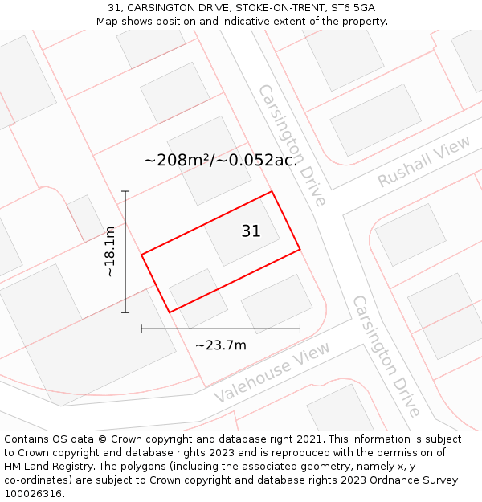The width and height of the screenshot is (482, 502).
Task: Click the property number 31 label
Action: tap(251, 231)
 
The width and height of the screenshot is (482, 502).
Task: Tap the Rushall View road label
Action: tap(424, 162)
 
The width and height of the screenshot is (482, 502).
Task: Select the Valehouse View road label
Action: tap(272, 373)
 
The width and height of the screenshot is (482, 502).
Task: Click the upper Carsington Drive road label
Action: tap(292, 145)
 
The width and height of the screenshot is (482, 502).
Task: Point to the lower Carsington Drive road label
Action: tap(386, 357)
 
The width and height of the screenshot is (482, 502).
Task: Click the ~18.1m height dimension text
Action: tap(110, 251)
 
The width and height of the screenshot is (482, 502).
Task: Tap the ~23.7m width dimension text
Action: tap(220, 345)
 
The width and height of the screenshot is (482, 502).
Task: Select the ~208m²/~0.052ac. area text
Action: tap(221, 160)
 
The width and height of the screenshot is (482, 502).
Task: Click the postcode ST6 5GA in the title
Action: tap(353, 8)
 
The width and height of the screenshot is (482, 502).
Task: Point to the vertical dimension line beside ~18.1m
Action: tap(125, 251)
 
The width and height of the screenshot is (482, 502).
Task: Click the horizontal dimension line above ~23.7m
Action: tap(220, 328)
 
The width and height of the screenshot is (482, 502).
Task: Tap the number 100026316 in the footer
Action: tap(33, 494)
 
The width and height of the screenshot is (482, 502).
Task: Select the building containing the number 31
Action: tap(241, 232)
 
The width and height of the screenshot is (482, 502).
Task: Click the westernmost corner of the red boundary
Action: tap(142, 255)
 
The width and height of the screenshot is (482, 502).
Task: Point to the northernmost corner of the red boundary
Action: tap(272, 191)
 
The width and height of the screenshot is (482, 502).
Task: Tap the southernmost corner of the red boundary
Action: tap(170, 312)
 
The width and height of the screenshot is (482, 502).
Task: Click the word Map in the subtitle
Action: tap(108, 21)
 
